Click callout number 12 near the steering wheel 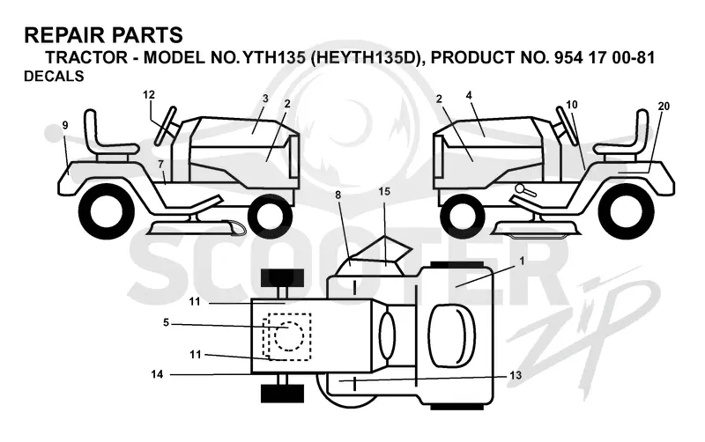149,95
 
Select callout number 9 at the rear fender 65,125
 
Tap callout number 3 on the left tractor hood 265,99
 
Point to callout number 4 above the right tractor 469,95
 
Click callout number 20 664,106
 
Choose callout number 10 571,105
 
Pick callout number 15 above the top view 384,191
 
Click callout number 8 338,195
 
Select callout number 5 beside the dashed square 166,322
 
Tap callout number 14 157,373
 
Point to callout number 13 516,374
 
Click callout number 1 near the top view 522,261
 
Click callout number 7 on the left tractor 161,165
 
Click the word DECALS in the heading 54,77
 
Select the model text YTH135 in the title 273,57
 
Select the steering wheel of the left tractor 165,126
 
